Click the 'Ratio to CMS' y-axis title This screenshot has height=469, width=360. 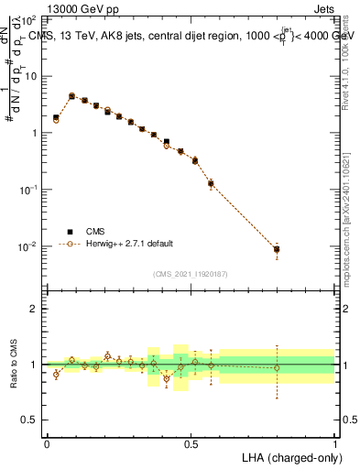(x=12, y=364)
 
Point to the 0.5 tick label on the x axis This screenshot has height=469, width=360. (x=191, y=442)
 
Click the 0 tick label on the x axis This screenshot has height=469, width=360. (x=47, y=442)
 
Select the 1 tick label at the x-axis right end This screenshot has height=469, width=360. (x=334, y=442)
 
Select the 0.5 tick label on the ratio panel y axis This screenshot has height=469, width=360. (x=32, y=420)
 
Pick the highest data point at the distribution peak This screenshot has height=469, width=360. (x=71, y=95)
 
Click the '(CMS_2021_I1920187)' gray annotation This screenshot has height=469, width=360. (x=191, y=273)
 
